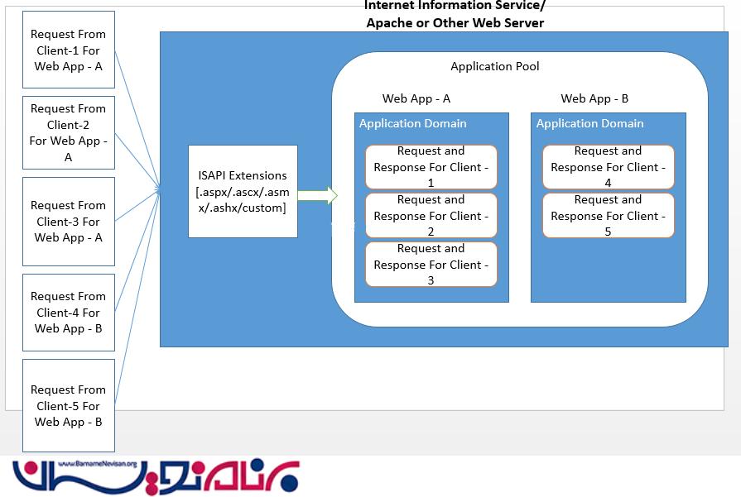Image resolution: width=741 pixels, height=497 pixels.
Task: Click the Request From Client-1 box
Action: pos(69,50)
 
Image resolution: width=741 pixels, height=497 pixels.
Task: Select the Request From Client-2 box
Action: pos(69,132)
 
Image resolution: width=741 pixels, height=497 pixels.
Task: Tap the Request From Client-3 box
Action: pos(69,221)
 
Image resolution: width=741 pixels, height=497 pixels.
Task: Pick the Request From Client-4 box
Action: pos(69,312)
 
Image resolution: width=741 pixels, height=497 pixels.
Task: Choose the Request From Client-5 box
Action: pos(69,405)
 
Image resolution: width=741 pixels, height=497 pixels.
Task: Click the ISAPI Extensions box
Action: pos(243,191)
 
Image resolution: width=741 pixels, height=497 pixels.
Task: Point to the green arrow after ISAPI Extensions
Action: pos(318,196)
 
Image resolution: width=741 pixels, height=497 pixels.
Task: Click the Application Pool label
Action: pos(494,66)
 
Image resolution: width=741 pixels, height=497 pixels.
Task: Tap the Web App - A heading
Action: pos(416,98)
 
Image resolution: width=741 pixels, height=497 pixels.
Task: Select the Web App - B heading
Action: pos(594,98)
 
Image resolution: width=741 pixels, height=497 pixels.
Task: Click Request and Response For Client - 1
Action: pos(431,167)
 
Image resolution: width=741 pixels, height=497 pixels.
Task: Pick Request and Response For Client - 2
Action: pos(431,216)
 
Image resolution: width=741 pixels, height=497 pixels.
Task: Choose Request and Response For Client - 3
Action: pos(431,265)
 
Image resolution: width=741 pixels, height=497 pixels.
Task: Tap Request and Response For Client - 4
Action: pos(609,167)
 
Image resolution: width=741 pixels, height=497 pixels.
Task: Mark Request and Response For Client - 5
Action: pos(609,216)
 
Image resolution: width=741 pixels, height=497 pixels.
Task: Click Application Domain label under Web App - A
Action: pos(412,123)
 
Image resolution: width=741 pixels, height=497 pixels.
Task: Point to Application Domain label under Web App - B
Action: pos(589,123)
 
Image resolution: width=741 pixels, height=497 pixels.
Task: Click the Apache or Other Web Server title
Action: pos(455,22)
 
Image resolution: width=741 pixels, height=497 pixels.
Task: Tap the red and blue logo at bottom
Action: pos(157,477)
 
